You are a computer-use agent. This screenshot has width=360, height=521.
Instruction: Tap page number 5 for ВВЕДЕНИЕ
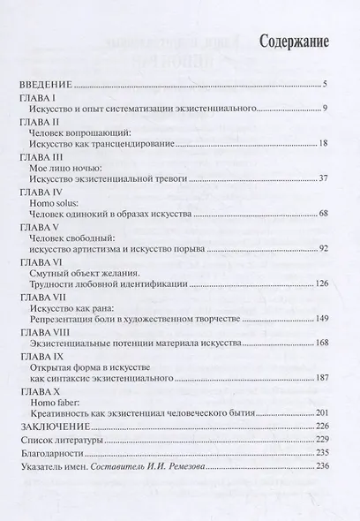click(326, 85)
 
